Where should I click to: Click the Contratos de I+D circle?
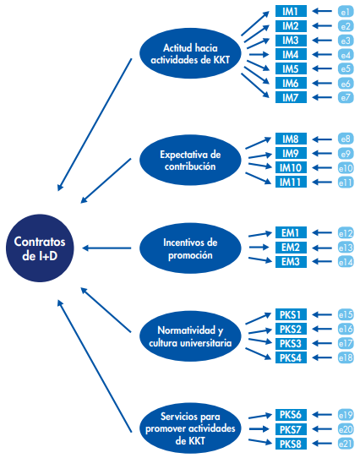click(x=40, y=248)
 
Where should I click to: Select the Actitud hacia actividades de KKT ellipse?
click(x=190, y=53)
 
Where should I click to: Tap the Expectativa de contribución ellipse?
click(x=190, y=160)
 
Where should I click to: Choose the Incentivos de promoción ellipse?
click(x=190, y=248)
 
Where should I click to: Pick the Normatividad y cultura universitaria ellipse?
click(x=190, y=336)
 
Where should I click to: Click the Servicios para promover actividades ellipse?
click(x=190, y=428)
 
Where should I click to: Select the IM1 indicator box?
click(x=291, y=11)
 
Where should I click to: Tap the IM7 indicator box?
click(x=291, y=97)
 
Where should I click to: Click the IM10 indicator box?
click(x=291, y=167)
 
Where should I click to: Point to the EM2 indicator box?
click(x=291, y=248)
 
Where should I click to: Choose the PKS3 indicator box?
click(x=291, y=343)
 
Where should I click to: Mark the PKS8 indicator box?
click(x=291, y=444)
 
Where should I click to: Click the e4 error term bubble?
click(x=346, y=55)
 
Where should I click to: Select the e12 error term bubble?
click(x=346, y=233)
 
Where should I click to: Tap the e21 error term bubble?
click(x=346, y=444)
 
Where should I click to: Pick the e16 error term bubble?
click(x=346, y=330)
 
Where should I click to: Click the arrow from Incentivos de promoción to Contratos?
click(x=106, y=248)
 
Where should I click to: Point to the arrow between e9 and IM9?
click(x=322, y=153)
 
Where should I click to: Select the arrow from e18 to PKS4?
click(x=322, y=357)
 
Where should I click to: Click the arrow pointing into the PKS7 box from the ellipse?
click(x=259, y=429)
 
